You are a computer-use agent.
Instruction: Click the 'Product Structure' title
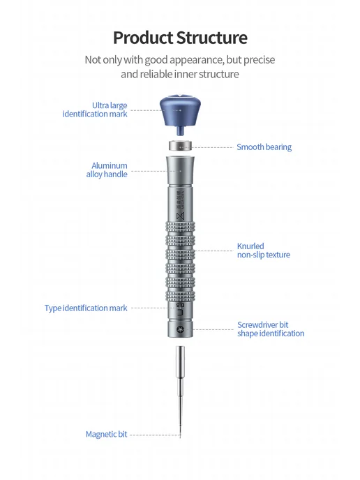click(x=180, y=38)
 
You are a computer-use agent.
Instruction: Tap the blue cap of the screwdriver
click(x=180, y=110)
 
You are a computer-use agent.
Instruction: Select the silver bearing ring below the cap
click(x=181, y=145)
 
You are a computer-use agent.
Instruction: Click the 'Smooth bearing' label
click(x=264, y=147)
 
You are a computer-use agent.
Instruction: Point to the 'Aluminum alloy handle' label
click(x=107, y=170)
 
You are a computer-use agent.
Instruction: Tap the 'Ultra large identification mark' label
click(x=95, y=110)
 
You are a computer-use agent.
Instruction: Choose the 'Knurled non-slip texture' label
click(x=264, y=250)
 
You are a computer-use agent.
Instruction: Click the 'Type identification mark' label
click(x=86, y=308)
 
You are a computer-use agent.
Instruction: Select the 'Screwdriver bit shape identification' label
click(x=271, y=329)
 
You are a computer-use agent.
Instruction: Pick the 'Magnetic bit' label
click(x=106, y=435)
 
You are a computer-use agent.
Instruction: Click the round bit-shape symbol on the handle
click(x=180, y=329)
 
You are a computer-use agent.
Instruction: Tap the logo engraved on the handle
click(x=180, y=216)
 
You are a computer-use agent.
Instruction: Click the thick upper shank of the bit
click(x=180, y=362)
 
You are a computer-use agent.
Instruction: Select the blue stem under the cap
click(x=180, y=130)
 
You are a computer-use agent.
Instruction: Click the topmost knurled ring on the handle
click(x=180, y=227)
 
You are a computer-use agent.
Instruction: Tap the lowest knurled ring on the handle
click(x=180, y=295)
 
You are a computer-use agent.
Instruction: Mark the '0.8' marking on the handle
click(x=180, y=305)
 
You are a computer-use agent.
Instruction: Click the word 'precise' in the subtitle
click(x=260, y=60)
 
